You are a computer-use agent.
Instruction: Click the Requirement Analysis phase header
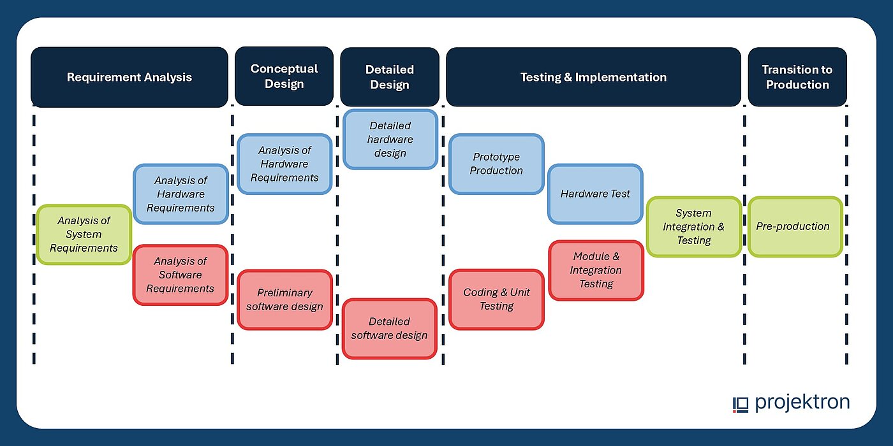(129, 77)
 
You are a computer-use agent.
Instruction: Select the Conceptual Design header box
(284, 76)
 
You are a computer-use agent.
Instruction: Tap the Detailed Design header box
(389, 76)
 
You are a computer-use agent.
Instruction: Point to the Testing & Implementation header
(593, 77)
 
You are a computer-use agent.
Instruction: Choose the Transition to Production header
(797, 77)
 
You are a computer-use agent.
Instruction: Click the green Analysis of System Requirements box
(84, 234)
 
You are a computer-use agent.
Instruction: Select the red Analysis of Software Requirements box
(180, 275)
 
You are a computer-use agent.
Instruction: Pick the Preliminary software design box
(284, 299)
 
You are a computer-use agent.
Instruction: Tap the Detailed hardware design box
(390, 140)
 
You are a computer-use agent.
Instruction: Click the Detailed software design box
(389, 328)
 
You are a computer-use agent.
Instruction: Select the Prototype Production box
(496, 164)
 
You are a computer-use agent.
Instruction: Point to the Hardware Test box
(595, 194)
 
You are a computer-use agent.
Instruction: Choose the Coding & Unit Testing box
(496, 299)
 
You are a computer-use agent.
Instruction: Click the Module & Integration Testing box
(596, 270)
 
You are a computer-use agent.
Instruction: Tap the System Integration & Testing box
(693, 227)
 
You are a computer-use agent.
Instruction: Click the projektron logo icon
(740, 404)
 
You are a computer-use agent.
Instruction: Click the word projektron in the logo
(802, 403)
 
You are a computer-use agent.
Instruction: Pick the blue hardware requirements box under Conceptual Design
(284, 164)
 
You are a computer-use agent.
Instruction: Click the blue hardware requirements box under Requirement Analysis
(181, 194)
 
